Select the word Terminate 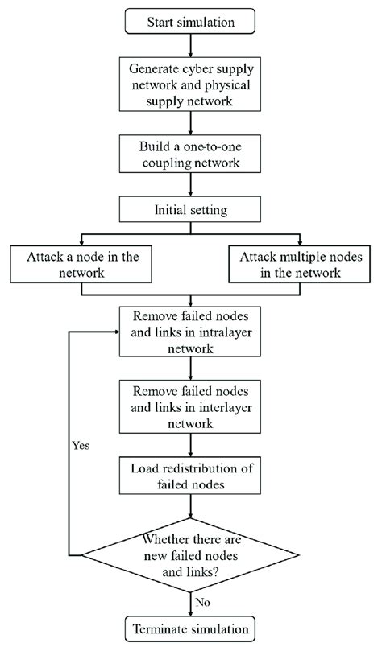[x=161, y=626]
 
